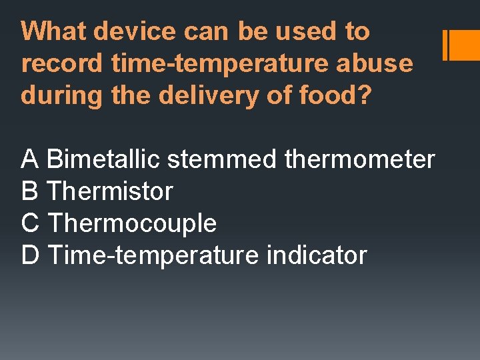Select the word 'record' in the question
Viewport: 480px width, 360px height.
pos(63,63)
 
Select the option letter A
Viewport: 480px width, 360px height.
pos(30,160)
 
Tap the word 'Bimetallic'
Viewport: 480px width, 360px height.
pos(104,160)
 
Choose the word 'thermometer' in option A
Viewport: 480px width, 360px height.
pos(359,160)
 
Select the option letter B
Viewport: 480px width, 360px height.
pos(30,192)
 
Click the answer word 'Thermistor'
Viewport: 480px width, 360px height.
pos(110,192)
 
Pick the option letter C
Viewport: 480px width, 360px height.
pos(31,223)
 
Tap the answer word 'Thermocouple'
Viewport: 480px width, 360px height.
pos(132,223)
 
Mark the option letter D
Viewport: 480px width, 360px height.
pos(31,255)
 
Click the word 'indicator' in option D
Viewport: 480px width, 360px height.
pos(316,255)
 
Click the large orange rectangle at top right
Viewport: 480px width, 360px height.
pos(465,45)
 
